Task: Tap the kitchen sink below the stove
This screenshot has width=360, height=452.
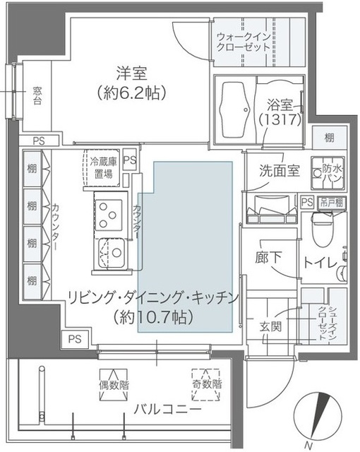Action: point(111,251)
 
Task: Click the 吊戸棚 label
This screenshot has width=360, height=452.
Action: point(332,201)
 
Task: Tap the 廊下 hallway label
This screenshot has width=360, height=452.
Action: point(265,258)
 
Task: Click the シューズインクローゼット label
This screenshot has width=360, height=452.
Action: point(323,324)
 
